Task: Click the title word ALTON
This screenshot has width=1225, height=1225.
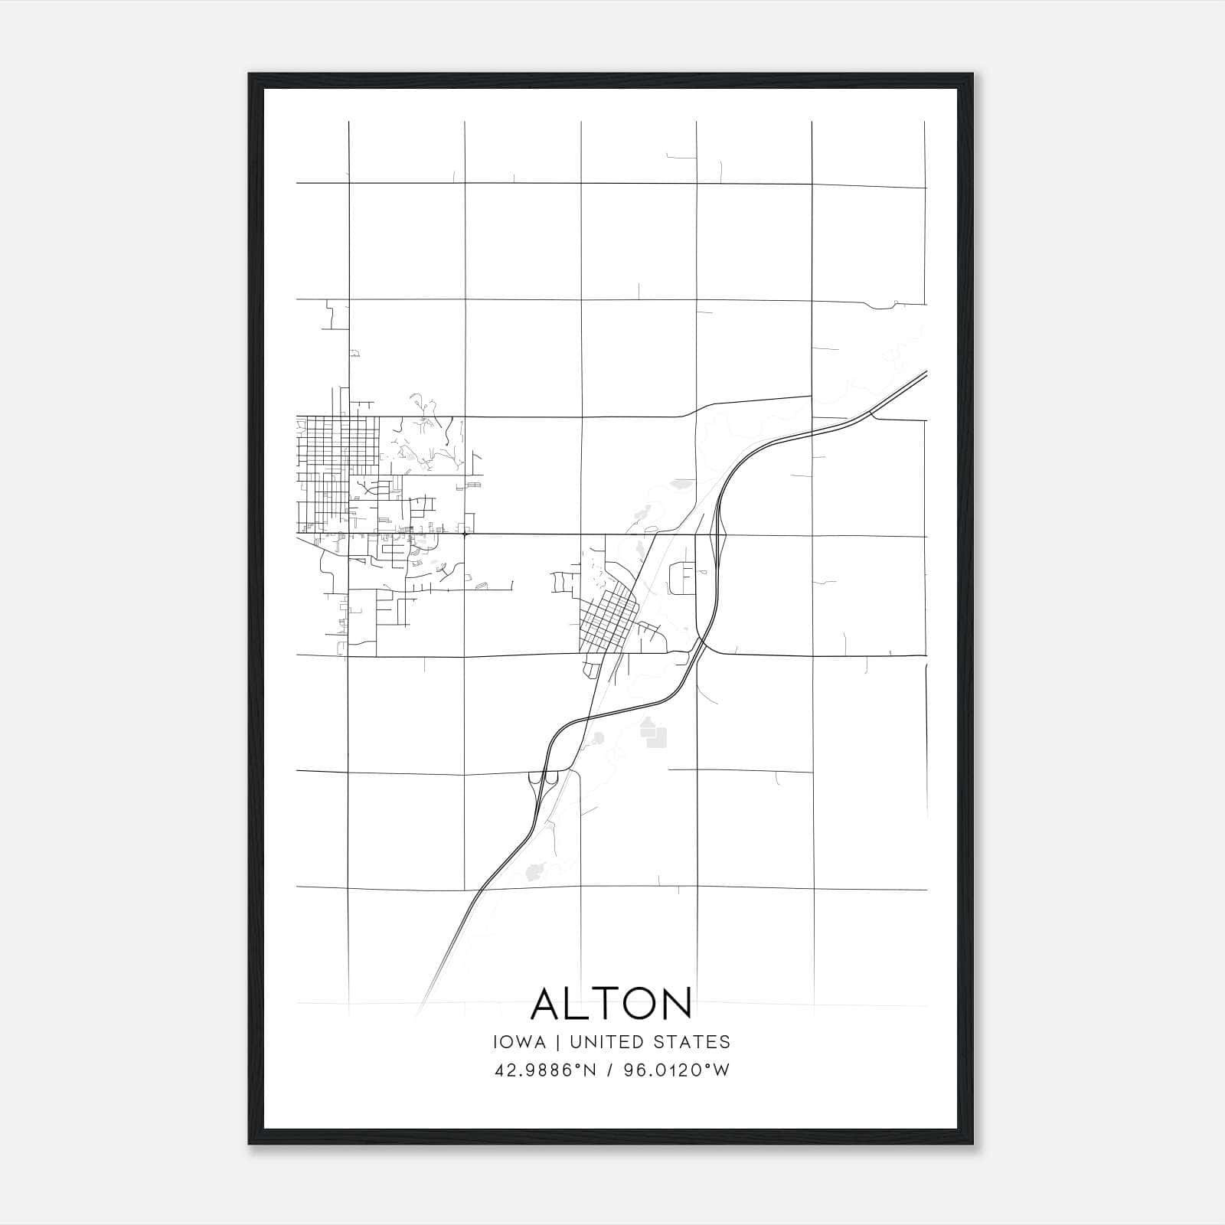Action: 611,1004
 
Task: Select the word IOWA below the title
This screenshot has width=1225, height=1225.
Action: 520,1042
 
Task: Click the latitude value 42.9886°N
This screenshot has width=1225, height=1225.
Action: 546,1070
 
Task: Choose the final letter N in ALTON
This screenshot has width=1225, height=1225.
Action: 677,1004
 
